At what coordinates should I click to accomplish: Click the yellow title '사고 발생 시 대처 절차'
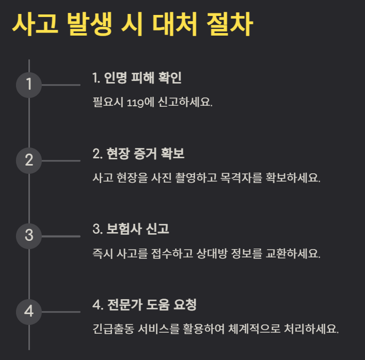click(132, 24)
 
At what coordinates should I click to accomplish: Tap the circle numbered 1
click(29, 85)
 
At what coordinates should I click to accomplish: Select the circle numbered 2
click(29, 160)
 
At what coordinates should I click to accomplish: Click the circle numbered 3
click(29, 236)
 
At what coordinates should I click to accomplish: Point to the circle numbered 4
click(29, 312)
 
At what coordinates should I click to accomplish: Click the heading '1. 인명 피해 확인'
click(137, 78)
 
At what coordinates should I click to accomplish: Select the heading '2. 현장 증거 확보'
click(138, 154)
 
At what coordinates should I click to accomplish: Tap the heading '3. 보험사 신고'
click(131, 230)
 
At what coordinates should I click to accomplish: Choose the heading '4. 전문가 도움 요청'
click(145, 305)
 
